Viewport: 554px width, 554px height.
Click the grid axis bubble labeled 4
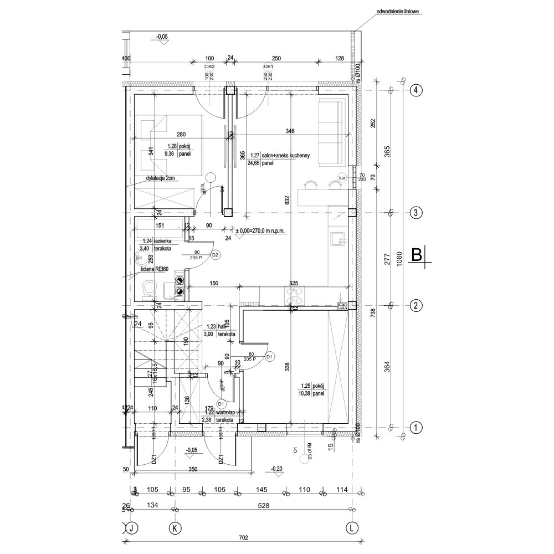coord(416,90)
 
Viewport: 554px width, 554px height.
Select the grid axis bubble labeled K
coord(175,528)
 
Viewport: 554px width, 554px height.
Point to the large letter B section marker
coord(417,255)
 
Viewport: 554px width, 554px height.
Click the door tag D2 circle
coord(216,255)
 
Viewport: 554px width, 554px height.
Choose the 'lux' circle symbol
coord(342,178)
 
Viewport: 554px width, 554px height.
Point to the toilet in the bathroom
coord(149,288)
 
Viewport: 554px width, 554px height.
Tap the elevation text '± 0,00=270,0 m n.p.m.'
coord(268,230)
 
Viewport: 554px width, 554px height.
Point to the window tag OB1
coord(268,66)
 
